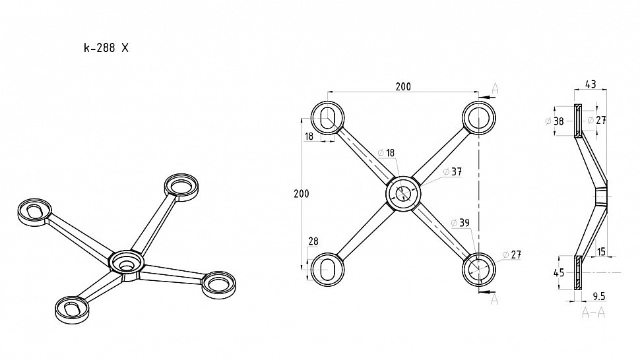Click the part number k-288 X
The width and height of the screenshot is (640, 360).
[106, 47]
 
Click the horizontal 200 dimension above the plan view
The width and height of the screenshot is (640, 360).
[403, 86]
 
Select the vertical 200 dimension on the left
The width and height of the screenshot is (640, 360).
[302, 194]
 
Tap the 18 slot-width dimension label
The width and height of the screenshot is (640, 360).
[309, 136]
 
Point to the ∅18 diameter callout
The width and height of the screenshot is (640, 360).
[386, 153]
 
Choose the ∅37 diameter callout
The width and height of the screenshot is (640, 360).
[453, 171]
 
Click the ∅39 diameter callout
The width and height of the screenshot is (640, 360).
[460, 223]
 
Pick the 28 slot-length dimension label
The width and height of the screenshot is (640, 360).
[313, 241]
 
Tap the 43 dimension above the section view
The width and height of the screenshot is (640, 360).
[591, 84]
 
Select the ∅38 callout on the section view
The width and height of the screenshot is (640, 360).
[555, 121]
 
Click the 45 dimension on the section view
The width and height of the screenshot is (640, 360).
[559, 272]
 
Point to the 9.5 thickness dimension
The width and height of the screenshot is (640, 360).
[599, 297]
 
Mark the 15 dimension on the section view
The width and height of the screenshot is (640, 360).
[601, 252]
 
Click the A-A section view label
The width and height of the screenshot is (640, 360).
[593, 313]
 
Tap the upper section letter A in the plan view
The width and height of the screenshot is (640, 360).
[495, 88]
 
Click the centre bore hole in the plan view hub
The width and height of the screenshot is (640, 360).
[403, 194]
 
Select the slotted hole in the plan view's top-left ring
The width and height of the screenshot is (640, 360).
[327, 118]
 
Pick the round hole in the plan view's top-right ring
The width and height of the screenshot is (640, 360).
[478, 118]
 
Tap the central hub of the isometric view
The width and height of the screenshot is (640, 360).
[127, 262]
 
